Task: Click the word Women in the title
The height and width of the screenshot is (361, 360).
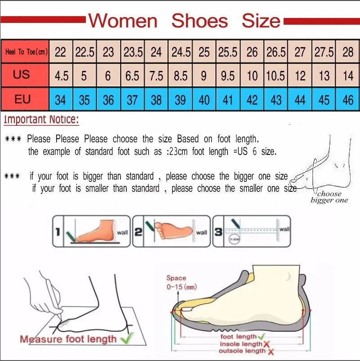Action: tap(123, 21)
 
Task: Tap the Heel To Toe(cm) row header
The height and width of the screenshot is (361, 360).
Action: tap(26, 52)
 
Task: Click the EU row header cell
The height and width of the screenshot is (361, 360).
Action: tap(22, 99)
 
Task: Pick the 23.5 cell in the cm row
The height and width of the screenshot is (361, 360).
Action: tap(133, 52)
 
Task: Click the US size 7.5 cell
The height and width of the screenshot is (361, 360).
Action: tap(156, 76)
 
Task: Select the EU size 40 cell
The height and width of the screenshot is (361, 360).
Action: tap(204, 100)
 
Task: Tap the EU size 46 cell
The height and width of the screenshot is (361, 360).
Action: tap(348, 100)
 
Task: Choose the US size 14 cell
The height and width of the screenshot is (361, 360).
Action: tap(348, 76)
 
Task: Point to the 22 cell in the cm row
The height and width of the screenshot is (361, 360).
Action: tap(61, 52)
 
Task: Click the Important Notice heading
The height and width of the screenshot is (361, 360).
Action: tap(41, 120)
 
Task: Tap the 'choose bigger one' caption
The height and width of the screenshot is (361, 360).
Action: tap(329, 197)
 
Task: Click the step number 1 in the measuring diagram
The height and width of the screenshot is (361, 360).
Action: tap(58, 232)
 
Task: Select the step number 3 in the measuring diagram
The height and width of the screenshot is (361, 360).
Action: tap(218, 232)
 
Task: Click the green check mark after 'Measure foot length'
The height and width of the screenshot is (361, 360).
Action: tap(128, 338)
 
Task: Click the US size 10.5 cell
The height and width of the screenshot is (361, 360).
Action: tap(276, 76)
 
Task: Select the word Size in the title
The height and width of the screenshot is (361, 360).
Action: tap(261, 21)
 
